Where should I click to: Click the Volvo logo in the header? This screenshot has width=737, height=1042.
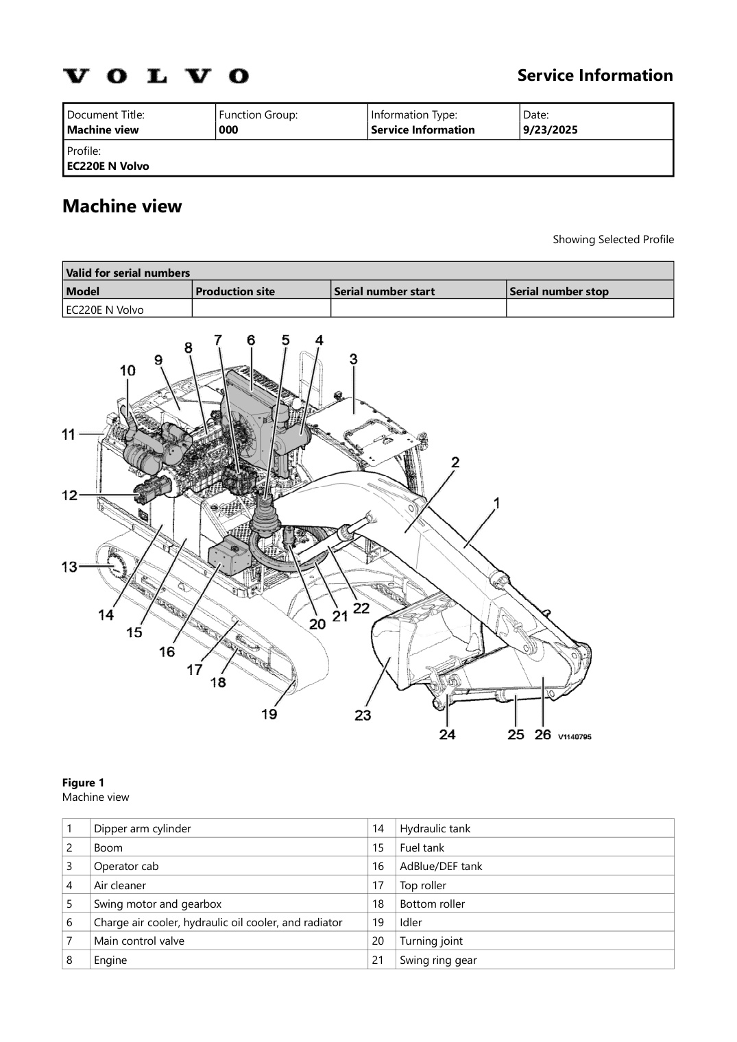click(156, 75)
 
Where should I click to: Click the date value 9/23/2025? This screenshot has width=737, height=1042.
click(550, 130)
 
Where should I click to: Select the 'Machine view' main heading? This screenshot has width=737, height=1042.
click(122, 206)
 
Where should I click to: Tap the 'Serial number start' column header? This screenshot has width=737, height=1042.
click(384, 291)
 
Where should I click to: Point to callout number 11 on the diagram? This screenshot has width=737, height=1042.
click(69, 434)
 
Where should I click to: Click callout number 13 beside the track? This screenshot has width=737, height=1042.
click(69, 567)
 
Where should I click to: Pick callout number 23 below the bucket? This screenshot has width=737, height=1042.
click(363, 715)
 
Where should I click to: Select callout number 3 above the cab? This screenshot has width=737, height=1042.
click(353, 358)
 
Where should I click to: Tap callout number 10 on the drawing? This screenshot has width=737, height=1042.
click(128, 371)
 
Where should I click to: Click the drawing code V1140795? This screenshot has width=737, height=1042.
click(574, 736)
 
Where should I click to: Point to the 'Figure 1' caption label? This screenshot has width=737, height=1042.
click(83, 782)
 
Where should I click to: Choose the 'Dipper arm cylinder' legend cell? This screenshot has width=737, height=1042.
click(142, 828)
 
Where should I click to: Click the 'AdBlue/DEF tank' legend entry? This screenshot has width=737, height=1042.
click(441, 866)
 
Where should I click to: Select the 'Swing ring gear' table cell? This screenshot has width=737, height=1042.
click(438, 960)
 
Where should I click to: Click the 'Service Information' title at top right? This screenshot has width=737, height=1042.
click(594, 75)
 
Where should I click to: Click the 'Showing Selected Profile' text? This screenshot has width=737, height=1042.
click(613, 239)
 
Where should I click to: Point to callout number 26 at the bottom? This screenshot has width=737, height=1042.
click(542, 734)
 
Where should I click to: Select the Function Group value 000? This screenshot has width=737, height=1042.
click(228, 130)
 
